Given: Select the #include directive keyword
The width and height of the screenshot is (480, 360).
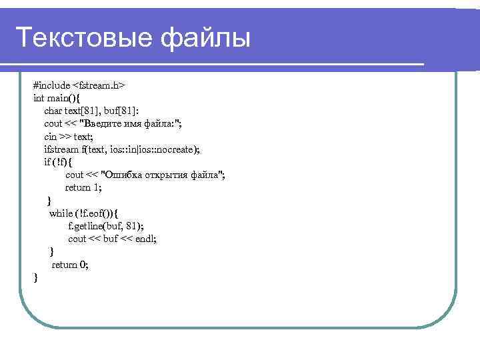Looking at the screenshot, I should coord(51,85).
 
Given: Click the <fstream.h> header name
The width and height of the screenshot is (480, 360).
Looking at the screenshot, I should coord(99,85).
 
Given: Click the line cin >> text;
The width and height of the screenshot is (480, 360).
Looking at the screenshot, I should coord(69,136).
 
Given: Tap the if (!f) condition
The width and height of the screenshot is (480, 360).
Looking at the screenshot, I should coord(58,161).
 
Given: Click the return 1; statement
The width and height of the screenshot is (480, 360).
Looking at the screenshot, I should coord(83,187).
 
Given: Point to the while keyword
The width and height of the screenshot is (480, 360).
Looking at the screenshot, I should coord(61,213).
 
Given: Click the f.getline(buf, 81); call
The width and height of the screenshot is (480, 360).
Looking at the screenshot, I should coord(105,226).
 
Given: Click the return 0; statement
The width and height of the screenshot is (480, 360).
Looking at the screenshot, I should coord(70,265).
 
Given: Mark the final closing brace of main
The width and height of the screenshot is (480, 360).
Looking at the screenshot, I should coord(35,277).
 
